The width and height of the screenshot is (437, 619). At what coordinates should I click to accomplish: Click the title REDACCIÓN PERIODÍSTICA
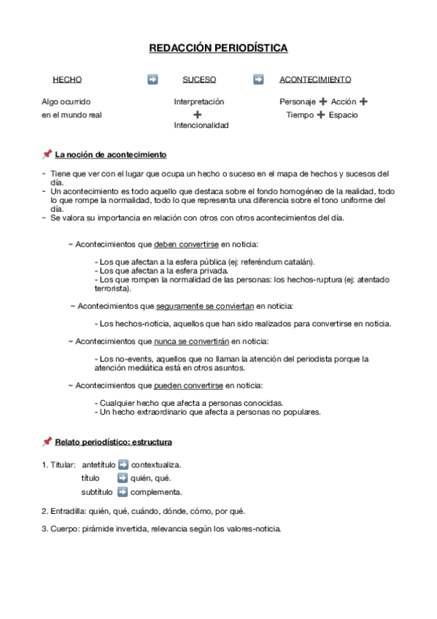pos(218,48)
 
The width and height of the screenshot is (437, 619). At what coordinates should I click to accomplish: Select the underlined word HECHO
pos(67,80)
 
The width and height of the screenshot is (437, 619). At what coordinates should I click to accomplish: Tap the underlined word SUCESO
pos(199,80)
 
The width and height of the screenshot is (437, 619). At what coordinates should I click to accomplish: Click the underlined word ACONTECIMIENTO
pos(315,80)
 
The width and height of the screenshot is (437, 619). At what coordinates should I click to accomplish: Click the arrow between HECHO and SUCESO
pos(152,80)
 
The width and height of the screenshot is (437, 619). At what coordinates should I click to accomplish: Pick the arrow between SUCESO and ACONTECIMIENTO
pos(258,80)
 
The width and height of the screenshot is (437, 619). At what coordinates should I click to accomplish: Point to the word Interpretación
pos(199,102)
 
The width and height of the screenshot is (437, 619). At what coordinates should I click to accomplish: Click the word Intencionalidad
pos(201,125)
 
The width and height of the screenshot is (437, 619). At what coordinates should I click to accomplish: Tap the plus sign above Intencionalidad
pos(198,115)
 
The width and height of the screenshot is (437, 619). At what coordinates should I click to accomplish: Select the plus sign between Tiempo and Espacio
pos(321,115)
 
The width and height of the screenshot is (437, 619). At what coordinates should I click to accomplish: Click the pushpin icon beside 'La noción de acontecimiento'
pos(47,155)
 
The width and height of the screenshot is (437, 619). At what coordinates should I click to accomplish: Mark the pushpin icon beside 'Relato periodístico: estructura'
pos(47,442)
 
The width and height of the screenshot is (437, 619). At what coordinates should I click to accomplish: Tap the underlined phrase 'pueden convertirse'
pos(188,385)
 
